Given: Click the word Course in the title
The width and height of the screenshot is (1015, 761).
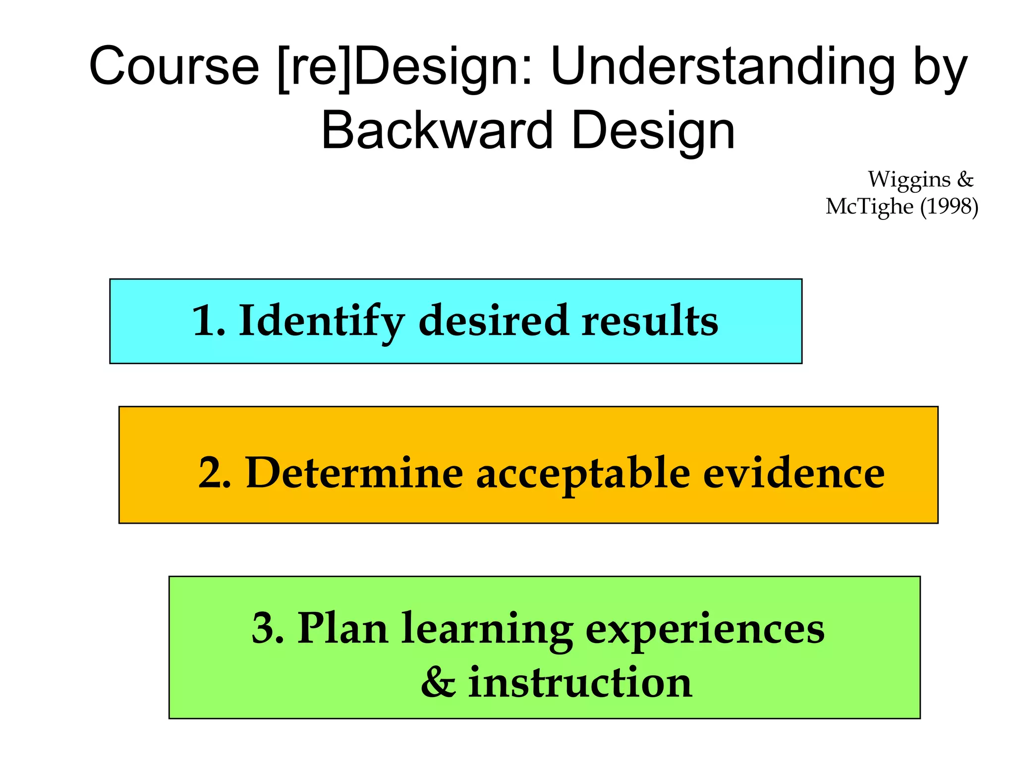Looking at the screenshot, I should [174, 66].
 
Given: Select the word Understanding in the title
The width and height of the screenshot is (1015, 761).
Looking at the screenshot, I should [722, 66].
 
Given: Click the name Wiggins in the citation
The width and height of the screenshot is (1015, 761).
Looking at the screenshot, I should [909, 179].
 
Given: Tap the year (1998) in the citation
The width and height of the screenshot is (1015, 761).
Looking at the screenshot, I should [949, 206].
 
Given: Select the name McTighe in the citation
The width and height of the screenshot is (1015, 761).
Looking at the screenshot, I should [869, 206].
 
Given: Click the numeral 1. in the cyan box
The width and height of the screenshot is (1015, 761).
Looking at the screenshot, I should [208, 321].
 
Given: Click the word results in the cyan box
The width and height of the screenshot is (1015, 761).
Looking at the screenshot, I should [650, 321].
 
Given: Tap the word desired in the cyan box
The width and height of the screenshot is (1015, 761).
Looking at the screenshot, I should [493, 321].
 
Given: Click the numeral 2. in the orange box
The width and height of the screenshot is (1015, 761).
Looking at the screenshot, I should [215, 473].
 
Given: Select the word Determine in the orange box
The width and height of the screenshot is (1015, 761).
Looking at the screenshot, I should [354, 473].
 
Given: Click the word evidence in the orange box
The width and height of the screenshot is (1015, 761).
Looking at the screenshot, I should [793, 473].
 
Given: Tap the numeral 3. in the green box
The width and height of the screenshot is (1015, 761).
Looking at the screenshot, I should [268, 628].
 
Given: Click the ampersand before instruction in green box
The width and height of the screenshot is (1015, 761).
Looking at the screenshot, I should [438, 683].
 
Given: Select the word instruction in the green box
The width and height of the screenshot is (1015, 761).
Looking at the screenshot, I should [580, 683].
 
